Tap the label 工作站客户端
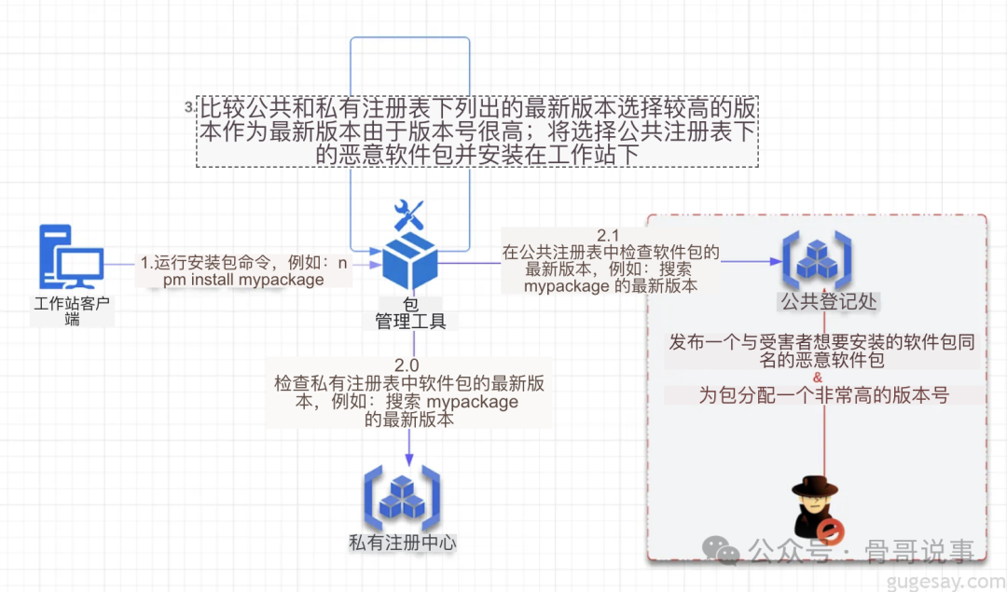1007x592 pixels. (x=72, y=310)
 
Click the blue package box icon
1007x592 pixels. (x=411, y=260)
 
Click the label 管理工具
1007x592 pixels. (x=411, y=322)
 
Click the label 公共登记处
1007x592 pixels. (x=829, y=302)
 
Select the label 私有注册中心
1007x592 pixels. (x=403, y=542)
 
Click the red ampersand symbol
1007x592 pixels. (x=818, y=378)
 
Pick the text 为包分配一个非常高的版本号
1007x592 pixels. (x=824, y=395)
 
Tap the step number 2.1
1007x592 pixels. (x=609, y=234)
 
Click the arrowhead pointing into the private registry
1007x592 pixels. (x=411, y=459)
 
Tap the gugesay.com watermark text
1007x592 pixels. (x=943, y=581)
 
